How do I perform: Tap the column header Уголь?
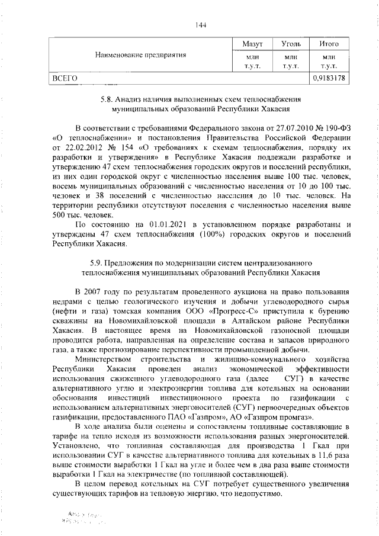click(291, 44)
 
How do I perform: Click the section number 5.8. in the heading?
click(108, 100)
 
